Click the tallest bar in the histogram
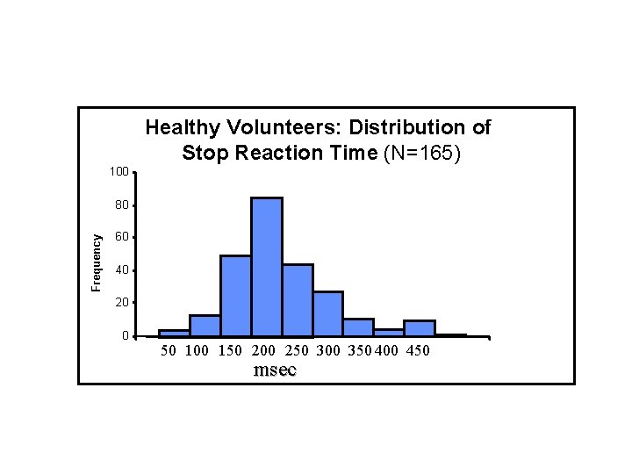click(267, 267)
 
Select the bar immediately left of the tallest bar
click(235, 296)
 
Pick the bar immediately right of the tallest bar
click(298, 300)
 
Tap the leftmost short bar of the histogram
click(174, 333)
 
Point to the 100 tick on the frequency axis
click(118, 170)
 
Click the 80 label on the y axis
click(120, 205)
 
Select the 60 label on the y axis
click(120, 237)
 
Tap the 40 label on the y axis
click(120, 269)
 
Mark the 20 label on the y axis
click(120, 302)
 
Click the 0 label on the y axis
click(125, 336)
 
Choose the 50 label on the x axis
click(169, 352)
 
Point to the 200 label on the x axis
click(263, 352)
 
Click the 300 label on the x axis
click(327, 352)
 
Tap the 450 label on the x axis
click(419, 352)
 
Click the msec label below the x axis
click(275, 370)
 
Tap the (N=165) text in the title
click(423, 153)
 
